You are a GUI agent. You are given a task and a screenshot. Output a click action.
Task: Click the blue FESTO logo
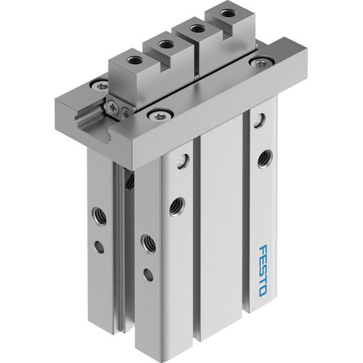[263, 270]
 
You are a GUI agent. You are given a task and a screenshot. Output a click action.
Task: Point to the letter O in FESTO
[264, 291]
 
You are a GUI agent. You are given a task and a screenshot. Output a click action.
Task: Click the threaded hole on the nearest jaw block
[133, 61]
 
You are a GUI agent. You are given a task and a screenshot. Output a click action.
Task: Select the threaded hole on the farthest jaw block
[225, 12]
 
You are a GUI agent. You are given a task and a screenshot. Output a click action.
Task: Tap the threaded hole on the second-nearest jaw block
[165, 44]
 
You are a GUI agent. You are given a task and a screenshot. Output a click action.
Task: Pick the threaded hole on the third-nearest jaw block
[196, 29]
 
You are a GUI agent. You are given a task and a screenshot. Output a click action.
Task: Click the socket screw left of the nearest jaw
[100, 86]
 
